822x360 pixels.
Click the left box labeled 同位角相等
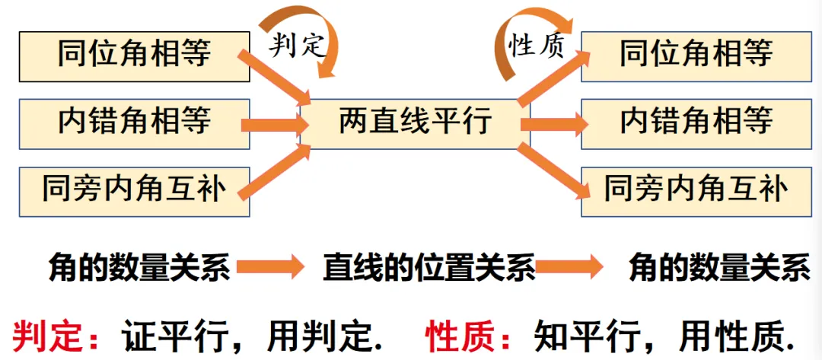coord(134,56)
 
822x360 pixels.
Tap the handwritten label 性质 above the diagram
coord(537,47)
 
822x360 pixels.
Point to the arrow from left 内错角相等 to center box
coord(274,123)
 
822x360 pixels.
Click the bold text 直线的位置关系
coord(429,268)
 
